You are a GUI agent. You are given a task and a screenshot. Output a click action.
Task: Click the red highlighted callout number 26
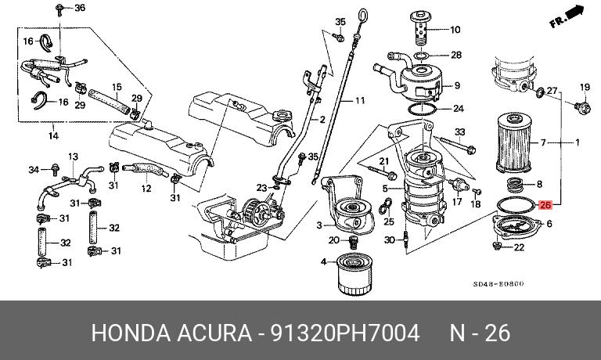(x=545, y=205)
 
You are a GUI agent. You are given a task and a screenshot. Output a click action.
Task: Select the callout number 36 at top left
(x=78, y=8)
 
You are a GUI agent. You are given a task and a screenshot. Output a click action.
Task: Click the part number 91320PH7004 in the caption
(x=344, y=333)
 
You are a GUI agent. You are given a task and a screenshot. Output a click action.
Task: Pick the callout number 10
(x=455, y=31)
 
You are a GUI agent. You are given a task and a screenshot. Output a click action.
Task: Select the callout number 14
(x=53, y=136)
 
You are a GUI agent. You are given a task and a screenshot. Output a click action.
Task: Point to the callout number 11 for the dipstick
(x=359, y=101)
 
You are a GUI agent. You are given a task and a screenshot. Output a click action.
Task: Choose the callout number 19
(x=584, y=86)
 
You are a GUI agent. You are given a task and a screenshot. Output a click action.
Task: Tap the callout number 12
(x=146, y=189)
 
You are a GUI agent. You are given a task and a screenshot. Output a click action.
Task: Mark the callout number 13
(x=72, y=157)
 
